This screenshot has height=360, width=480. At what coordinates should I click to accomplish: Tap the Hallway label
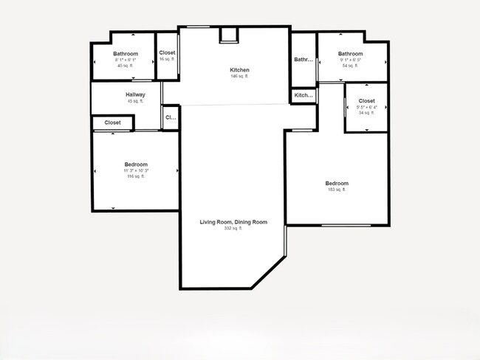tap(135, 94)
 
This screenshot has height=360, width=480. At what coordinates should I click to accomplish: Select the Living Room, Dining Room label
tap(233, 222)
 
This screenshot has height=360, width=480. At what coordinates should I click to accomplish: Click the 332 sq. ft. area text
tap(233, 229)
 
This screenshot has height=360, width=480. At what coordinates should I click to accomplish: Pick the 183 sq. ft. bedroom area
tap(336, 190)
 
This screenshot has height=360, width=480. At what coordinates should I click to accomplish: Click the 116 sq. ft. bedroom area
tap(136, 176)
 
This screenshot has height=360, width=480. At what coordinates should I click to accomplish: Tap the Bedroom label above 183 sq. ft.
tap(336, 183)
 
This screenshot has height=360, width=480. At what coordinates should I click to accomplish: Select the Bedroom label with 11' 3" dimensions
tap(136, 165)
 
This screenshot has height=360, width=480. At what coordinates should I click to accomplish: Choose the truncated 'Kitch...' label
tap(304, 95)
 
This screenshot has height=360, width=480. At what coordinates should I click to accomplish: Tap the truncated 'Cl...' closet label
tap(170, 117)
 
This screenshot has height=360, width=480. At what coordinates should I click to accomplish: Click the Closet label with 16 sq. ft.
tap(167, 53)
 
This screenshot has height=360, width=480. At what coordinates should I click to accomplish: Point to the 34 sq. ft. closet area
tap(366, 113)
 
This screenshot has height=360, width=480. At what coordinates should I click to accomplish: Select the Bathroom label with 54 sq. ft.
tap(350, 54)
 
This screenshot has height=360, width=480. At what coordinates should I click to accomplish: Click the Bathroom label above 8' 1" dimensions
tap(126, 54)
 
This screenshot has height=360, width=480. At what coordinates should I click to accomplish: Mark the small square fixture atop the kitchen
tap(230, 35)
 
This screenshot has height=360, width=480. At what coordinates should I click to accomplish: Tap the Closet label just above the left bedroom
tap(112, 122)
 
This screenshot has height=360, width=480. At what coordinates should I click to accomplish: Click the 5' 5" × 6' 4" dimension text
tap(366, 107)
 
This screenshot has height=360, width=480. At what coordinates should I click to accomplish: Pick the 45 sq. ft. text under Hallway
tap(135, 101)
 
